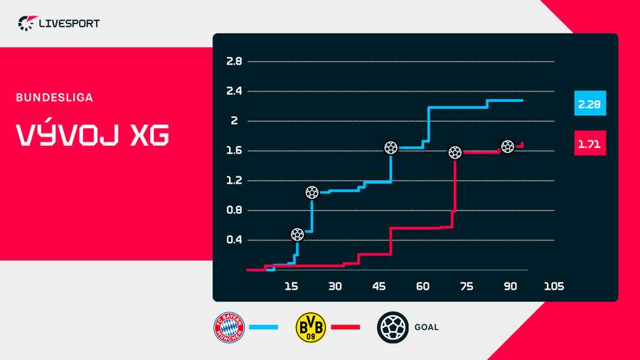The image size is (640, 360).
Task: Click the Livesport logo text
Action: (x=68, y=23)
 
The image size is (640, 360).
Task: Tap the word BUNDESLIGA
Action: (x=55, y=97)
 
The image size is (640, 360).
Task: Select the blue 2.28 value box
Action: (x=590, y=104)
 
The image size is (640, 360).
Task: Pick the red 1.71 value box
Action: (x=590, y=144)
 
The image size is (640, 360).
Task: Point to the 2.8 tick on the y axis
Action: (x=234, y=61)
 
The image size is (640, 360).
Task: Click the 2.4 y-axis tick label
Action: (x=234, y=91)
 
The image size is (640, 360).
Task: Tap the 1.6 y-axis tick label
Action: (x=234, y=151)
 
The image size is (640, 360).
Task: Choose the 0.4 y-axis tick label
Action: (x=234, y=240)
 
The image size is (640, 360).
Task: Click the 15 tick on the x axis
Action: (x=291, y=286)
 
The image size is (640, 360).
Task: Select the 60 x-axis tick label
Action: (x=422, y=286)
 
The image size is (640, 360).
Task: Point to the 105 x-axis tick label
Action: (x=554, y=286)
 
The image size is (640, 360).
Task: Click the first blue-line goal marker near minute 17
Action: (x=298, y=234)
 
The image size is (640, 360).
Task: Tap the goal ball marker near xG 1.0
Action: (x=311, y=192)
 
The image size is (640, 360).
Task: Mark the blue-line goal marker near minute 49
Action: (x=391, y=148)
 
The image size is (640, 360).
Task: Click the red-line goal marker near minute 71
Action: (x=455, y=152)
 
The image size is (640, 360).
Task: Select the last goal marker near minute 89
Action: (x=508, y=147)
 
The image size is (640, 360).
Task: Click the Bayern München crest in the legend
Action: (x=230, y=327)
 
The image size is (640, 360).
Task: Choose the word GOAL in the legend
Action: (x=426, y=327)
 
